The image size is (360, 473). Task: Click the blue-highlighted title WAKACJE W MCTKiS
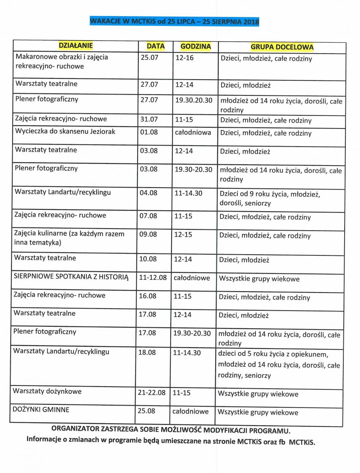174,21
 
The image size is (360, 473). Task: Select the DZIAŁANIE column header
75,46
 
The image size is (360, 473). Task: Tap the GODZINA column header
196,47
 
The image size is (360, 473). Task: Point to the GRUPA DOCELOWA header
282,47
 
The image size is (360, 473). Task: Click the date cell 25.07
149,58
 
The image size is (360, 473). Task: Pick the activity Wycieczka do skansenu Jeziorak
65,132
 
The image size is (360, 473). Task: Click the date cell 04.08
149,193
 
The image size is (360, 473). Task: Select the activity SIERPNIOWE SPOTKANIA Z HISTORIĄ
71,277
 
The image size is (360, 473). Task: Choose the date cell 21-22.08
151,393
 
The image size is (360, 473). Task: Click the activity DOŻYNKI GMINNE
41,410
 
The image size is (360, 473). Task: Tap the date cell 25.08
146,411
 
